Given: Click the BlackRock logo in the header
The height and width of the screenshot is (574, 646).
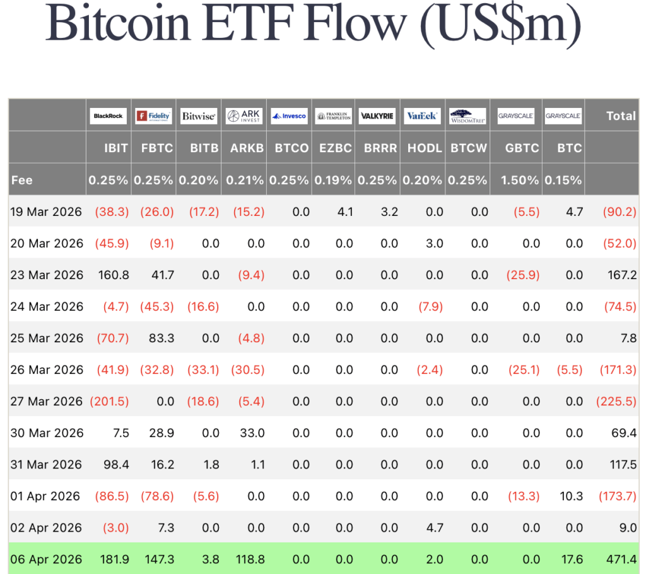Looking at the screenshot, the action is point(109,116).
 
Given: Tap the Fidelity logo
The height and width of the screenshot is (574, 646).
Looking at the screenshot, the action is point(153,116).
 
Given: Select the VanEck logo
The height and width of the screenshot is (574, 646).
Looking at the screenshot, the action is point(422,116).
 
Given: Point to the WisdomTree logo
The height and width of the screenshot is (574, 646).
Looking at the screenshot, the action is point(467,116).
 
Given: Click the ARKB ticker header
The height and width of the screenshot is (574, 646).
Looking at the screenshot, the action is point(247,148).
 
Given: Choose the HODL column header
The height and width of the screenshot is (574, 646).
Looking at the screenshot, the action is point(425,148).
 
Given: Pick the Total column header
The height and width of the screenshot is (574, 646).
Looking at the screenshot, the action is point(621,116).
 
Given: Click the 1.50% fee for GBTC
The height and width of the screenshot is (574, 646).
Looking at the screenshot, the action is point(520,180).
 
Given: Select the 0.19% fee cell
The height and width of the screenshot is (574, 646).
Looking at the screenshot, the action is point(333,180).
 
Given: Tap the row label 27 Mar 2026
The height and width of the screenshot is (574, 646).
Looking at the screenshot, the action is point(47,401).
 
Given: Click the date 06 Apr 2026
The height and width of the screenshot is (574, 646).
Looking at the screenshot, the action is point(46,559).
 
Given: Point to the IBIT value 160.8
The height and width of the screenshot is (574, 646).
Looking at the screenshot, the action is point(114,275).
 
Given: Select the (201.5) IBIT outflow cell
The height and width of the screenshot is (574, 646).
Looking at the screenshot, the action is point(109,401).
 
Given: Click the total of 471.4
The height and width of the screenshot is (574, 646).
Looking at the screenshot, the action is point(621,559).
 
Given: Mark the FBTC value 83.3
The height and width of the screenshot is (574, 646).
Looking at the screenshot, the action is point(161,338).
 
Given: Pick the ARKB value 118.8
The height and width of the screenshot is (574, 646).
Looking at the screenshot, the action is point(250,559).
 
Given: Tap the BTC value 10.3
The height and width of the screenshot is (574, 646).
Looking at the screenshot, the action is point(571,496).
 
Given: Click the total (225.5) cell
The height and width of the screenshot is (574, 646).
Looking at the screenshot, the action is point(616,401).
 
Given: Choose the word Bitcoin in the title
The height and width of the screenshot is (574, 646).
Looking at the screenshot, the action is point(118,23).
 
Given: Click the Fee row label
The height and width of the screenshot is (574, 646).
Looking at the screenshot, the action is point(22,180).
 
